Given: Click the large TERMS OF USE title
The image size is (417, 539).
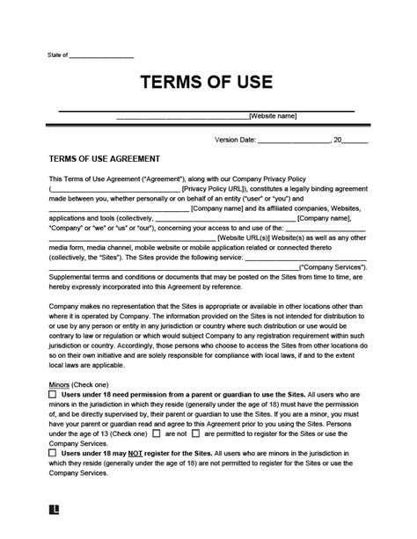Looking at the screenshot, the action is (x=208, y=84).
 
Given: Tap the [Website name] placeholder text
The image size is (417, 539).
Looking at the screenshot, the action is (x=273, y=115).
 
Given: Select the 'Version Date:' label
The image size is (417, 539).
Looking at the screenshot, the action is (x=235, y=140).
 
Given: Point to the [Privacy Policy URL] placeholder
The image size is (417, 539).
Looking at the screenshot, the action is (x=217, y=188).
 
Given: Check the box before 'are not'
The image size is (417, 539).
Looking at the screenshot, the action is (x=157, y=433).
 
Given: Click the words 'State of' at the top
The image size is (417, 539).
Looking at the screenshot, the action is (x=58, y=55).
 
